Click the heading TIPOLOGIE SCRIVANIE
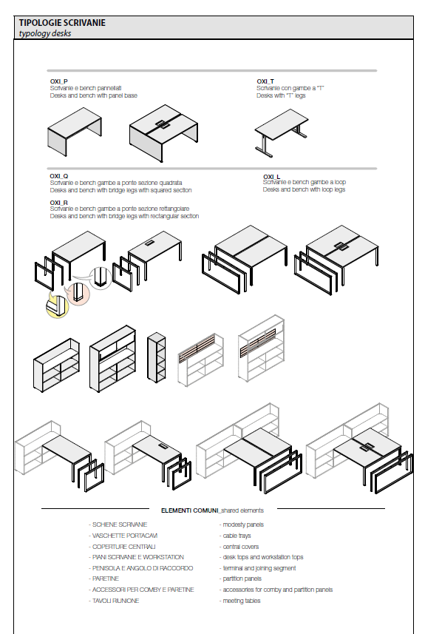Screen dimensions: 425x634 coord(62,23)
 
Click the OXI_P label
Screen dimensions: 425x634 coord(58,81)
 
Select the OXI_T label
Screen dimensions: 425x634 coord(265,81)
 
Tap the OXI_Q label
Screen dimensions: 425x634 coord(59,176)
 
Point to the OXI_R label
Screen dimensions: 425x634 coord(59,202)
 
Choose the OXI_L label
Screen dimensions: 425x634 coord(271,176)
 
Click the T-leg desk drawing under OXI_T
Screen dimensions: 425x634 coord(282,132)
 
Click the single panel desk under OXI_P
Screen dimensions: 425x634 coord(75,132)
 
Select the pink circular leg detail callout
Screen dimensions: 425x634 coord(78,293)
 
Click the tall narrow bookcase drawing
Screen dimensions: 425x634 coord(157,357)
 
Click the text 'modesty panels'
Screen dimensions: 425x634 coord(243,525)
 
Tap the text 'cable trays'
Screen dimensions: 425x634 coord(237,536)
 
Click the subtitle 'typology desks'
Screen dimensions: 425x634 coord(45,33)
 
